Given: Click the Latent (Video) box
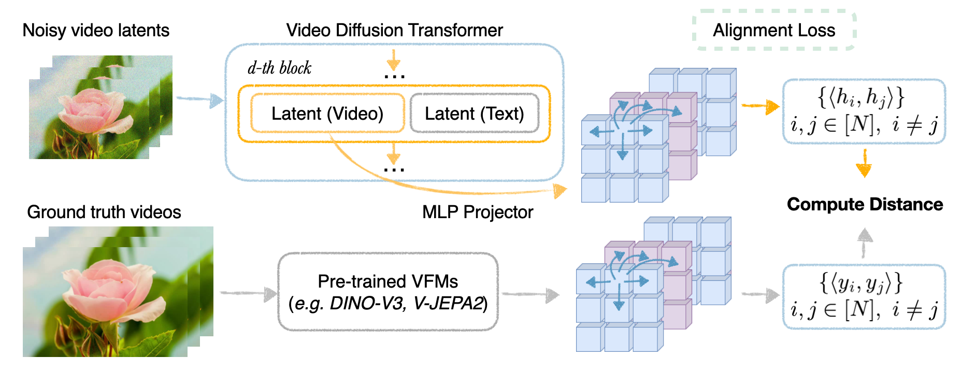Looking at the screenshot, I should point(327,113).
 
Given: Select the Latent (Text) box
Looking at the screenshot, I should point(474,113).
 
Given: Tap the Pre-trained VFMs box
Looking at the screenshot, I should point(387,292).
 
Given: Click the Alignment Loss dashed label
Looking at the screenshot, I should point(774,31).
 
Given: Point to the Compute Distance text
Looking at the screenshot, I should point(865,204).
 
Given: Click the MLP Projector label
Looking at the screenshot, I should point(477,212).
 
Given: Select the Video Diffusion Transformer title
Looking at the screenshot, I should point(394,30).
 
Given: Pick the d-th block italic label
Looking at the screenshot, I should point(279,68).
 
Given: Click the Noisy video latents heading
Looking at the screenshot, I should point(96,30).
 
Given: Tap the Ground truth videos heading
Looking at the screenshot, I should point(104,212).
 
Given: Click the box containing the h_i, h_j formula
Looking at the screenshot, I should point(864,111).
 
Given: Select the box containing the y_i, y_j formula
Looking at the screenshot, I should point(864,297).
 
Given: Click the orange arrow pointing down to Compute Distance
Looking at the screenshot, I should point(864,164).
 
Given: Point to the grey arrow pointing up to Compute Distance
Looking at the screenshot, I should point(864,242).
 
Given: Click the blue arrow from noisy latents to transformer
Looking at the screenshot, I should point(199,99).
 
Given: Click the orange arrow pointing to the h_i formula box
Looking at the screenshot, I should point(760,106).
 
